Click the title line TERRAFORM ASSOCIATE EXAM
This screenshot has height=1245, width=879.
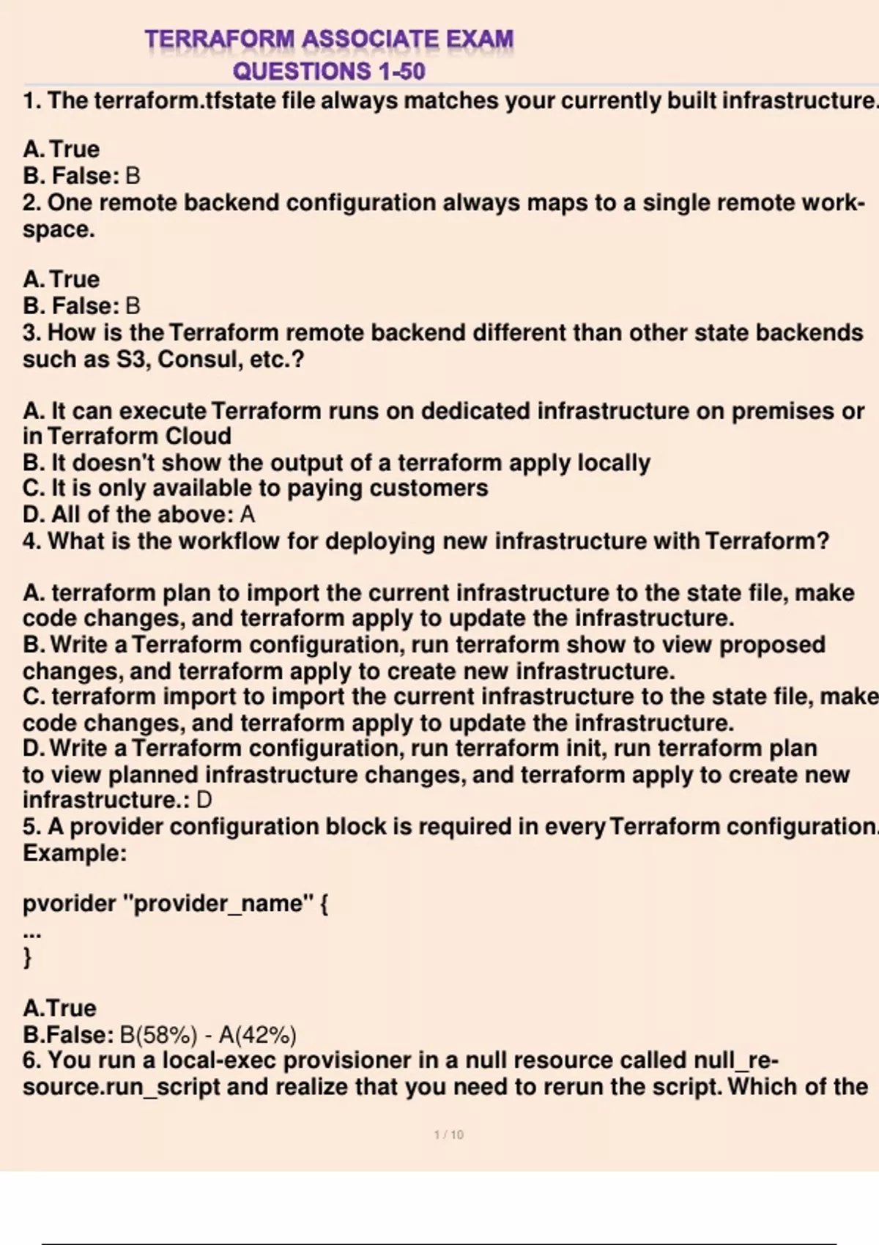(x=329, y=38)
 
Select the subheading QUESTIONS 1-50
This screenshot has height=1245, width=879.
(x=329, y=71)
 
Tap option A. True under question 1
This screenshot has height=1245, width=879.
(x=61, y=149)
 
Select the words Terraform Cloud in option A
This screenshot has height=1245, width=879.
(x=139, y=436)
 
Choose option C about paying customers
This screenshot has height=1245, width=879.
(x=255, y=488)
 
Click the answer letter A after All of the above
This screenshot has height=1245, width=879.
(x=248, y=514)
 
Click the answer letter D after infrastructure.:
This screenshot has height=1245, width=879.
(x=204, y=800)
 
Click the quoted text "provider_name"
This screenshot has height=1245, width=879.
(x=219, y=903)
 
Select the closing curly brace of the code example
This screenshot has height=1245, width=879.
(x=28, y=956)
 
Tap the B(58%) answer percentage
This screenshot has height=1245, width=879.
(x=158, y=1035)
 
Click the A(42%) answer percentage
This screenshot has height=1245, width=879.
(x=258, y=1035)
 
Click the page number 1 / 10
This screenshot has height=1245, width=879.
(x=448, y=1134)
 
